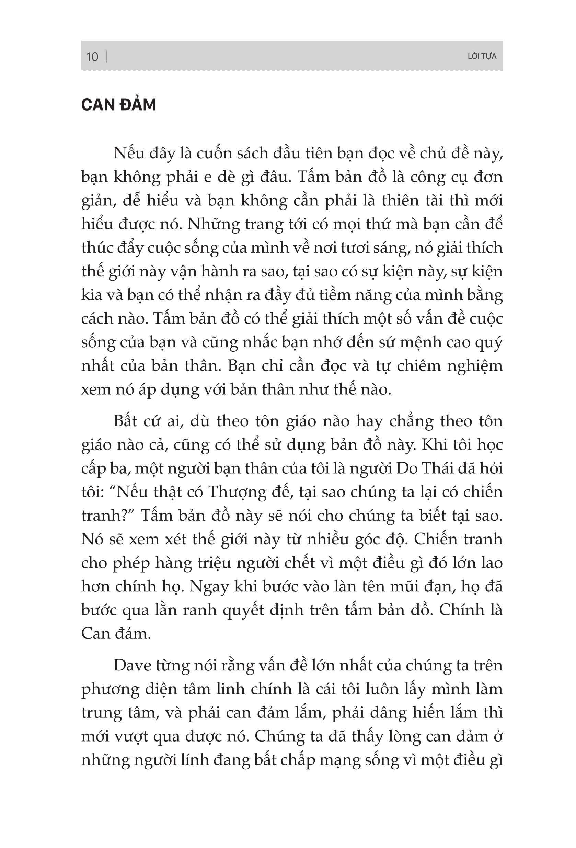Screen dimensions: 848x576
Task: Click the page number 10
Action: pyautogui.click(x=92, y=57)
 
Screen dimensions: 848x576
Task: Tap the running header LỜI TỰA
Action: pyautogui.click(x=482, y=57)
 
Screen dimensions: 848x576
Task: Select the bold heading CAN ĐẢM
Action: pyautogui.click(x=118, y=105)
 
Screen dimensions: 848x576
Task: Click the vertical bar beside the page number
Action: pyautogui.click(x=106, y=57)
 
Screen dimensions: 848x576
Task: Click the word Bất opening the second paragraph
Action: pyautogui.click(x=128, y=421)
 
